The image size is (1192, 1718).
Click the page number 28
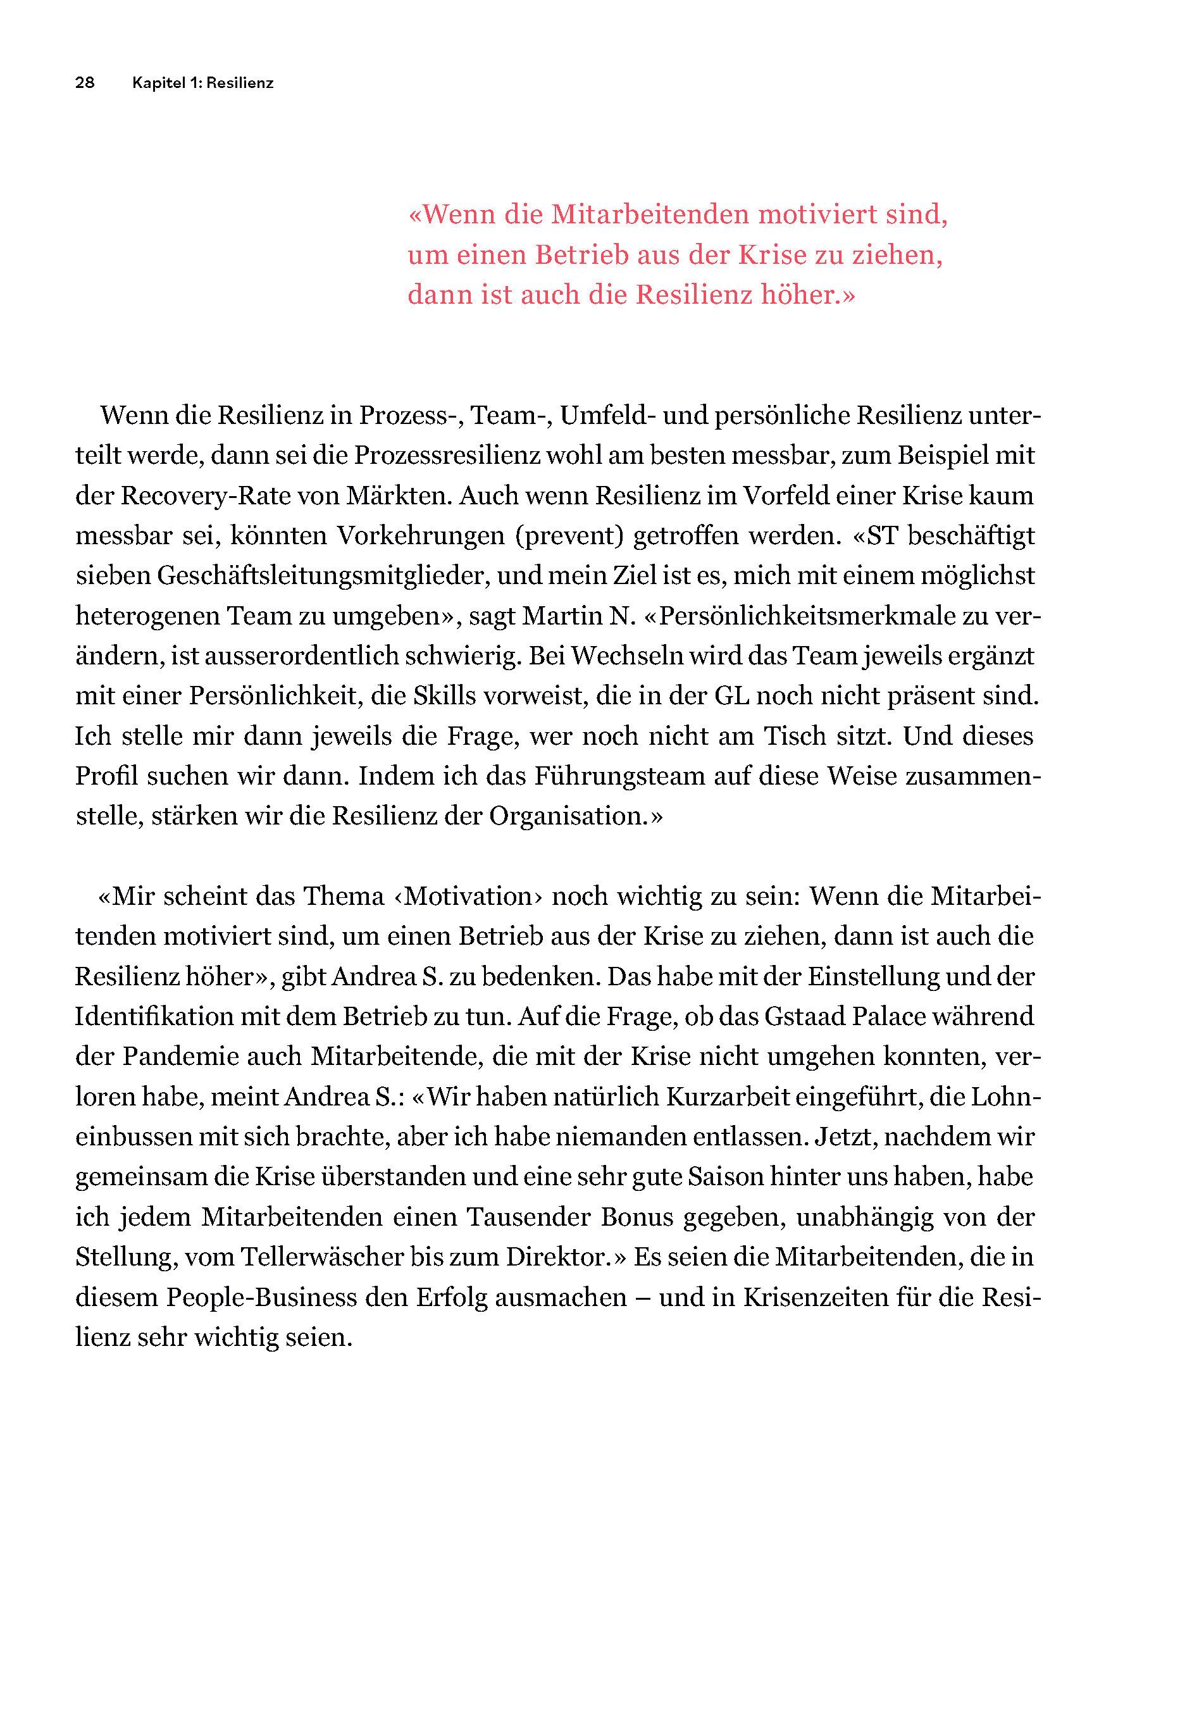(84, 83)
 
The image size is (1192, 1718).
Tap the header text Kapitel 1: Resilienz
(202, 83)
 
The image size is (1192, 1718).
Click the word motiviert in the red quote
(816, 215)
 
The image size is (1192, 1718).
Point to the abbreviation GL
(731, 696)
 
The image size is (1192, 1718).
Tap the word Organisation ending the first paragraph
(569, 816)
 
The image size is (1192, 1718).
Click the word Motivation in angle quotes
(469, 897)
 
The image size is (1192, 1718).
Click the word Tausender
(529, 1217)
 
